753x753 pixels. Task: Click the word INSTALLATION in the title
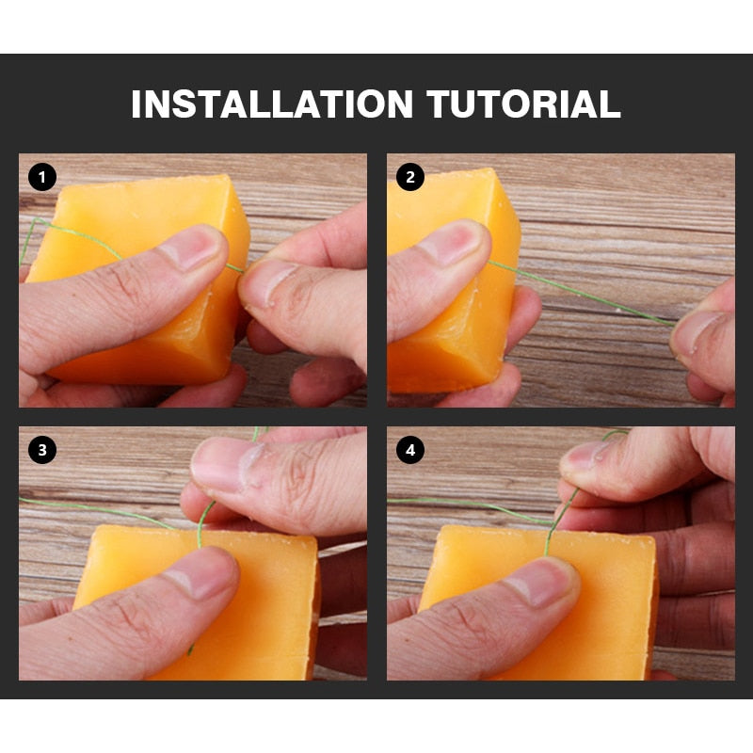click(272, 104)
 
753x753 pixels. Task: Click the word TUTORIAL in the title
click(523, 104)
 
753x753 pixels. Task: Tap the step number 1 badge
click(42, 177)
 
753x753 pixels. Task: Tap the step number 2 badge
click(410, 177)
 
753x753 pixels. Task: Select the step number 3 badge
click(42, 450)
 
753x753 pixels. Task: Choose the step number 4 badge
click(410, 450)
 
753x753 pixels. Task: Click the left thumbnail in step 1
click(191, 248)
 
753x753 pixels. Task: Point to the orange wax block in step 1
click(144, 283)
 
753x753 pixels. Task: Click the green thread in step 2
click(581, 294)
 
